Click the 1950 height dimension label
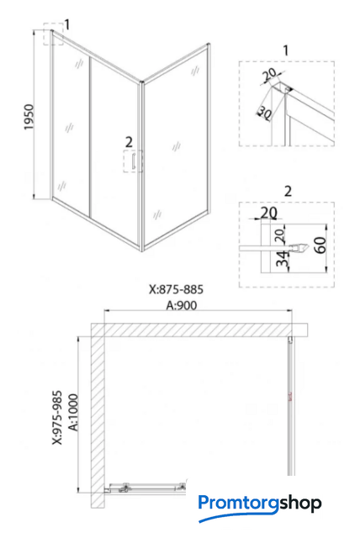click(x=29, y=117)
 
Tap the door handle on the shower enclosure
click(x=132, y=161)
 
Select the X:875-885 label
click(x=176, y=289)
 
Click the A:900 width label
click(x=182, y=305)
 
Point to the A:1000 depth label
click(x=74, y=412)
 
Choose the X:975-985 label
click(x=57, y=417)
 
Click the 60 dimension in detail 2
click(x=320, y=245)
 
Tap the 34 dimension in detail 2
click(x=282, y=258)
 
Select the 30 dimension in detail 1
click(x=264, y=112)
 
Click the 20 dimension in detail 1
click(x=270, y=75)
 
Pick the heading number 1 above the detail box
click(x=286, y=50)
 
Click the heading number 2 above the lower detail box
click(x=289, y=191)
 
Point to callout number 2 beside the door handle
click(x=129, y=142)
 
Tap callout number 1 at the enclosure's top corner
click(x=67, y=24)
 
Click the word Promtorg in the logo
click(x=238, y=504)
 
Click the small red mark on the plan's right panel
click(x=290, y=398)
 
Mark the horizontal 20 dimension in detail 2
click(x=268, y=213)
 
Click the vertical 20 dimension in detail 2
click(x=280, y=236)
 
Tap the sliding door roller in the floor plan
click(x=124, y=488)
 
